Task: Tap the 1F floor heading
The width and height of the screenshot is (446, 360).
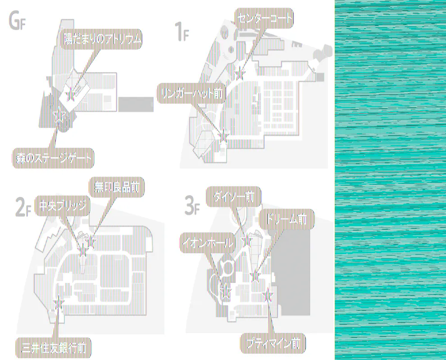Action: tap(181, 33)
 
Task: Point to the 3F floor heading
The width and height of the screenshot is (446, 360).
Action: tap(191, 206)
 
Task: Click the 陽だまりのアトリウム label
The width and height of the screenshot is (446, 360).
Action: tap(102, 40)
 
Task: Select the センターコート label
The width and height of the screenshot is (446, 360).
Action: tap(264, 18)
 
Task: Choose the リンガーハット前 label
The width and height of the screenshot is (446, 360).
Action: tap(191, 93)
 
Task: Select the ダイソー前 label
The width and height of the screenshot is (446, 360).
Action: tap(233, 197)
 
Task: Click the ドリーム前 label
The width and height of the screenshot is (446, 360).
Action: tap(287, 219)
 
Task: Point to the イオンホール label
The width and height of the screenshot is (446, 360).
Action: tap(208, 243)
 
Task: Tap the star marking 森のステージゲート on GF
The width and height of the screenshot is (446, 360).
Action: tap(58, 116)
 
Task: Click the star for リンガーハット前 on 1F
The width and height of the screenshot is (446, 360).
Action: tap(223, 134)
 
